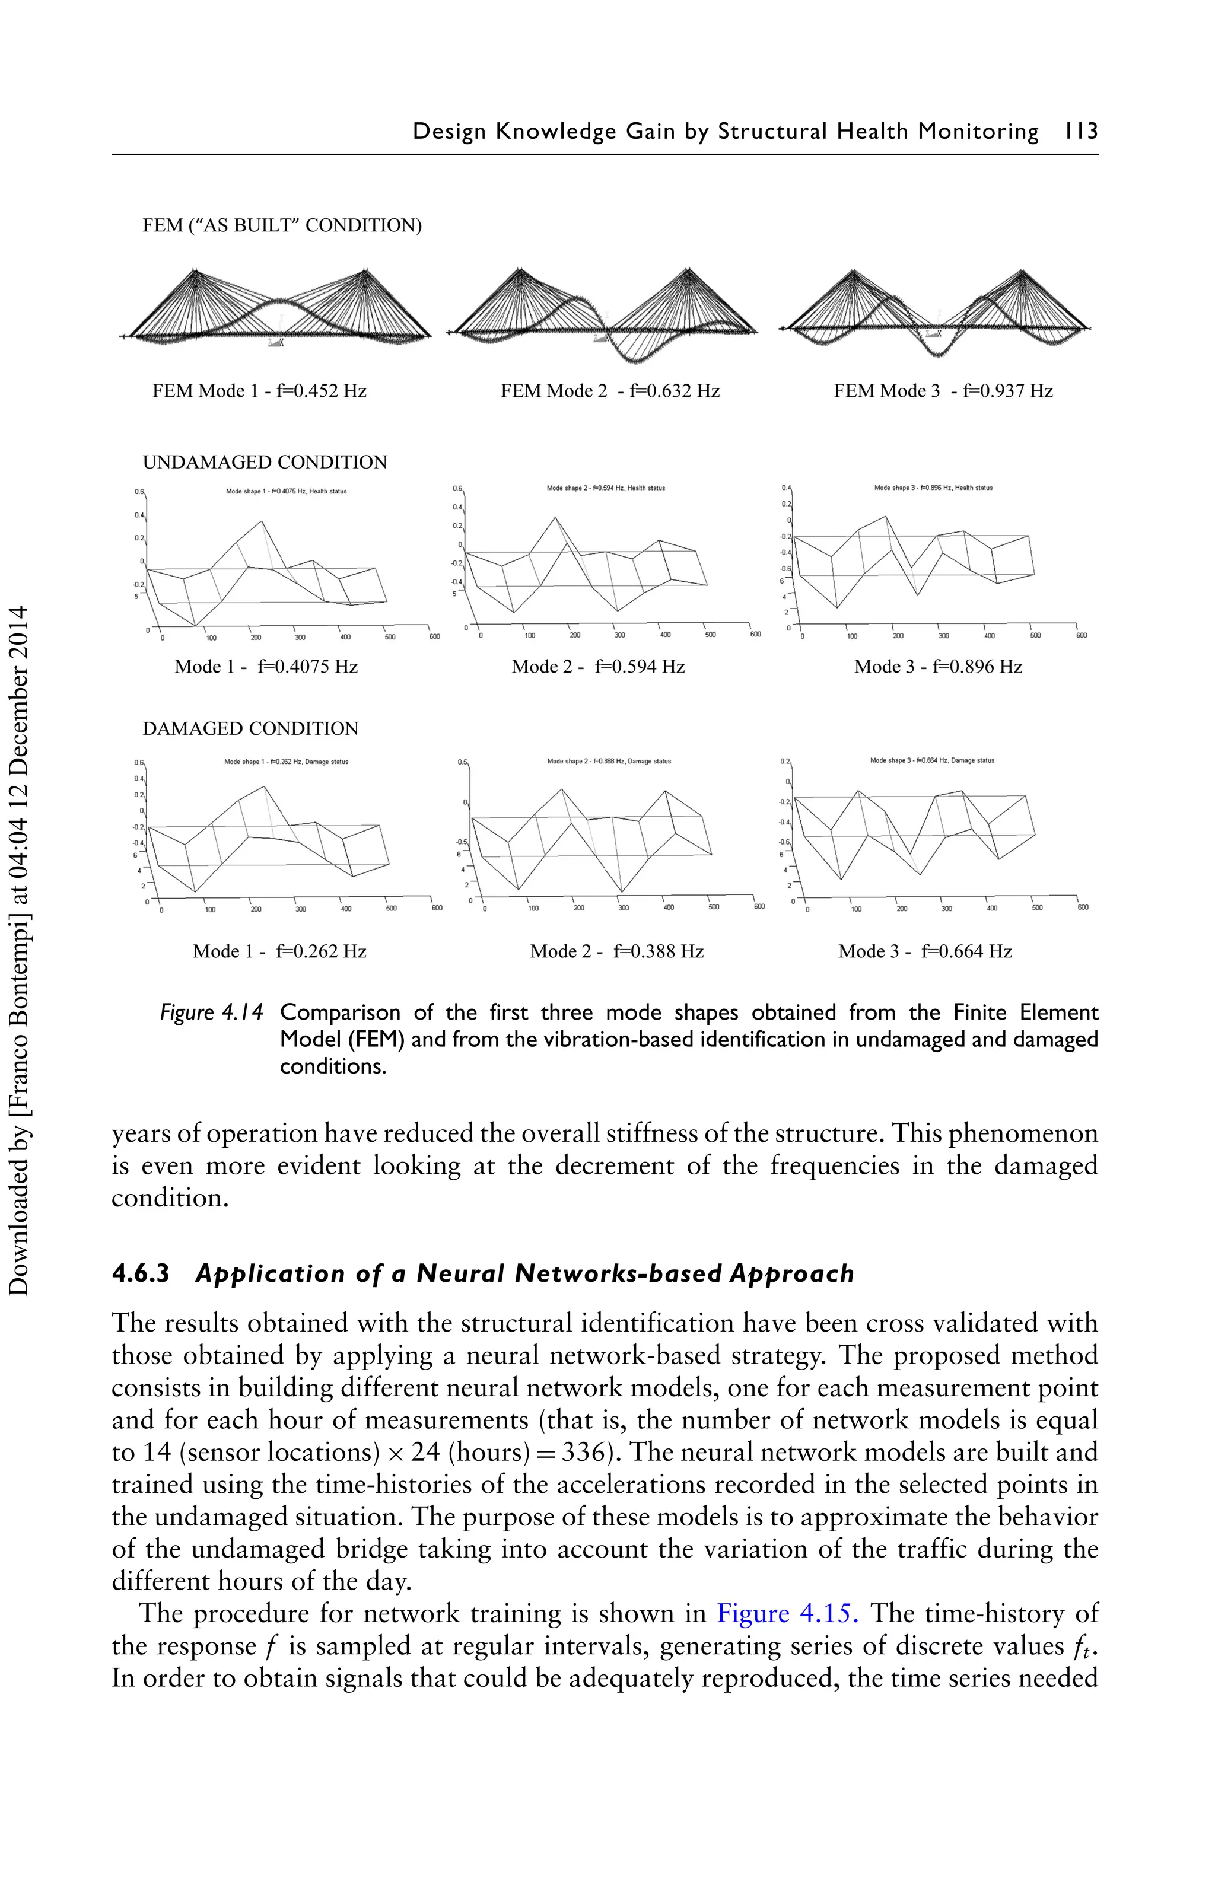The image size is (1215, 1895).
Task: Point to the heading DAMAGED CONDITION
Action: pyautogui.click(x=250, y=729)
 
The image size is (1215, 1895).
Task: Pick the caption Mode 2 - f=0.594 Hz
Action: pyautogui.click(x=598, y=667)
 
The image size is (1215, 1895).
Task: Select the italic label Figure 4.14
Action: pyautogui.click(x=211, y=1012)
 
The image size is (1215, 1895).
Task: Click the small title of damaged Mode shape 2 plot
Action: pyautogui.click(x=609, y=762)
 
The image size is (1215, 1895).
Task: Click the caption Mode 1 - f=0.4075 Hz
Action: pyautogui.click(x=266, y=667)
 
